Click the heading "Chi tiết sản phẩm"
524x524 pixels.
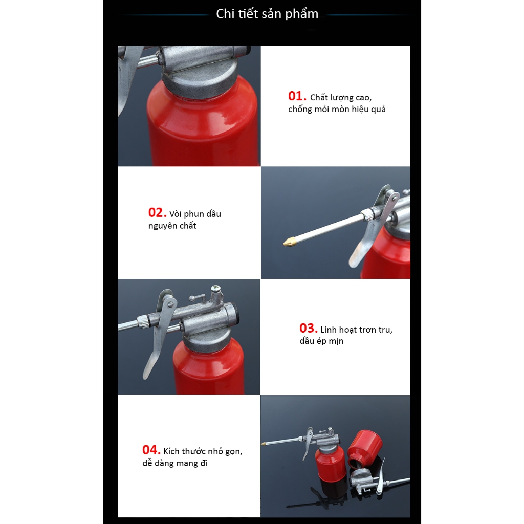(x=267, y=14)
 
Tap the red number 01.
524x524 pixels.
(x=297, y=96)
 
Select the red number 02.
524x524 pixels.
(x=157, y=212)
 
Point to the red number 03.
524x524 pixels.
(x=308, y=328)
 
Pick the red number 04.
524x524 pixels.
(x=151, y=450)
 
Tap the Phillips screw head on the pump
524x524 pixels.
(x=216, y=288)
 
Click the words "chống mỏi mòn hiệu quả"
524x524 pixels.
(x=337, y=110)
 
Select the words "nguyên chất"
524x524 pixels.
(x=172, y=226)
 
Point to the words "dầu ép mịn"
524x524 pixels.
(x=321, y=341)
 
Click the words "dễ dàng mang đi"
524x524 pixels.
(x=175, y=463)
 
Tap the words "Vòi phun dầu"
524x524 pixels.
(x=195, y=214)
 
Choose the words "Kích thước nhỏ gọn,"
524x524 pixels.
(x=203, y=451)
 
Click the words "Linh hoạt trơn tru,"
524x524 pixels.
(x=356, y=330)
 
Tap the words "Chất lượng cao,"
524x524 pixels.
(x=340, y=98)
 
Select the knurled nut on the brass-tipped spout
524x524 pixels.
(x=368, y=213)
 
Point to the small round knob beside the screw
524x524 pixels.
(x=192, y=298)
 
